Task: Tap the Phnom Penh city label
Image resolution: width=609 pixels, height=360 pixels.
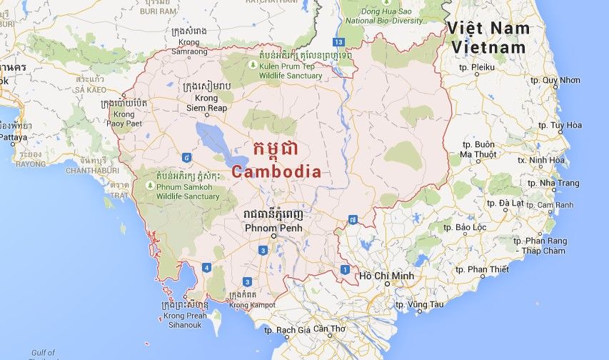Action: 273,228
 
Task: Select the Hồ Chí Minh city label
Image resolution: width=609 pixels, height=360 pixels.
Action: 386,275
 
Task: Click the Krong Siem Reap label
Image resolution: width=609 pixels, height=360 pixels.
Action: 206,102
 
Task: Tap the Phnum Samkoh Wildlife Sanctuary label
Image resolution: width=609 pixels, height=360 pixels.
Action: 187,191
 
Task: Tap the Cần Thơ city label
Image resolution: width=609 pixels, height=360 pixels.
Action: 328,329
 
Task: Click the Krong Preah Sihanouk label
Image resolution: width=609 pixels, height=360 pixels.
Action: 185,319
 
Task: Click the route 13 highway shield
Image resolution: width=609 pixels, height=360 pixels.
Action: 340,42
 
